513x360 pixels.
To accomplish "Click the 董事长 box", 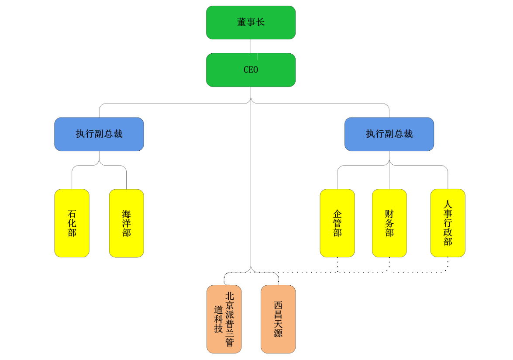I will [251, 23].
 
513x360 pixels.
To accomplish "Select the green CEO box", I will [251, 70].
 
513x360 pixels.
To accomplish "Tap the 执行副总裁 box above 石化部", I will [99, 134].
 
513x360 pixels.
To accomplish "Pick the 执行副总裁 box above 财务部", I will [389, 134].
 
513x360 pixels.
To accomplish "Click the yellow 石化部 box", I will [72, 223].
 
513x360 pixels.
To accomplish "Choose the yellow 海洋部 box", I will [126, 223].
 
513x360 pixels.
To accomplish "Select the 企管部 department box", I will [337, 223].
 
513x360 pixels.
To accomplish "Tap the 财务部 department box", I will [389, 223].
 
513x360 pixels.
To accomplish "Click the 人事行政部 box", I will [448, 223].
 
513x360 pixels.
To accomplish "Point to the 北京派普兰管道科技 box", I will [224, 319].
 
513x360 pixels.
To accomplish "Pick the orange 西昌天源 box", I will [278, 319].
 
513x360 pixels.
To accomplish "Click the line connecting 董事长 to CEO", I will [251, 46].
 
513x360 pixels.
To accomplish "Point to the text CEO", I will [251, 70].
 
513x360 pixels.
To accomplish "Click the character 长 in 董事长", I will [260, 22].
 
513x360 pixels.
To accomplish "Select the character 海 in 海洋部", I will [126, 214].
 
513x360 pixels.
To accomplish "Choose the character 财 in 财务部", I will [389, 214].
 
